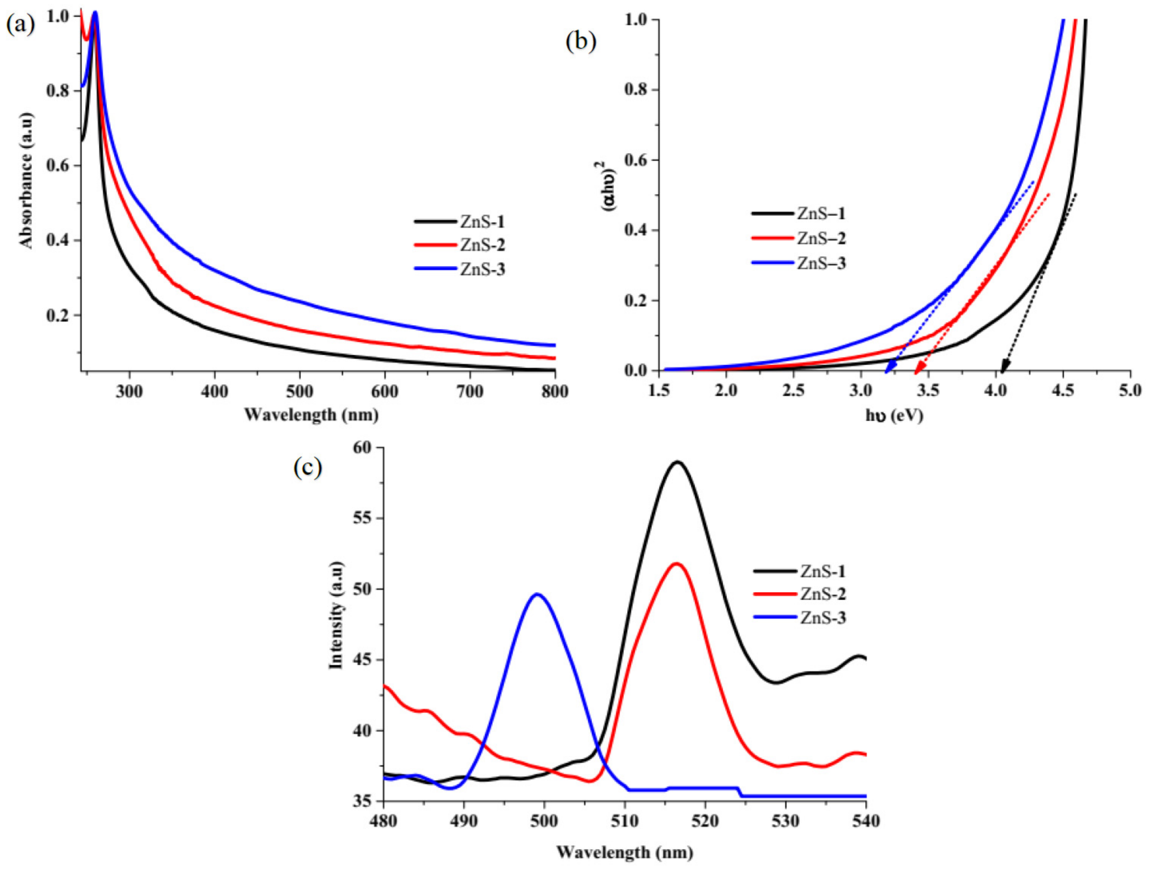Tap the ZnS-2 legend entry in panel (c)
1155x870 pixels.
[x=822, y=594]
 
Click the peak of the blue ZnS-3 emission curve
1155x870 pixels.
[x=537, y=594]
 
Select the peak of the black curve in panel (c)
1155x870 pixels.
[x=677, y=462]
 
